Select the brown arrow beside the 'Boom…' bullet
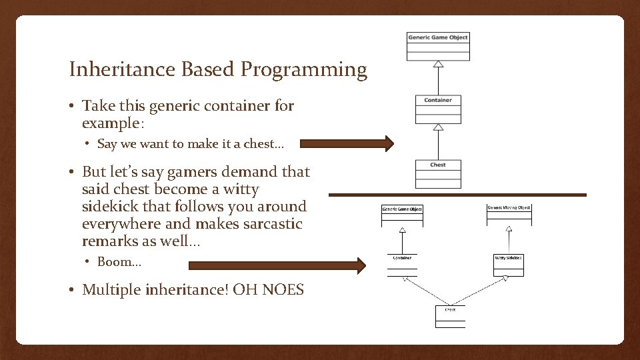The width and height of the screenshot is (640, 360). (x=277, y=266)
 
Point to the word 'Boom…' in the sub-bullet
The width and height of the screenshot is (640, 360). (x=119, y=262)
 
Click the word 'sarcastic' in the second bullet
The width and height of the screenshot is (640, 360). (x=275, y=224)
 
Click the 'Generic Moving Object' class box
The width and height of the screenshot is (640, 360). (x=509, y=213)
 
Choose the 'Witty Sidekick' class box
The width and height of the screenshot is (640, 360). (x=508, y=263)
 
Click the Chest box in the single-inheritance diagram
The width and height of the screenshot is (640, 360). (x=438, y=173)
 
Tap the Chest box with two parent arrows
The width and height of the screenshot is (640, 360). (x=450, y=316)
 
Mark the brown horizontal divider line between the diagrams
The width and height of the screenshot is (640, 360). (x=457, y=195)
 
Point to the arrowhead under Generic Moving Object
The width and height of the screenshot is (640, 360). (x=509, y=229)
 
